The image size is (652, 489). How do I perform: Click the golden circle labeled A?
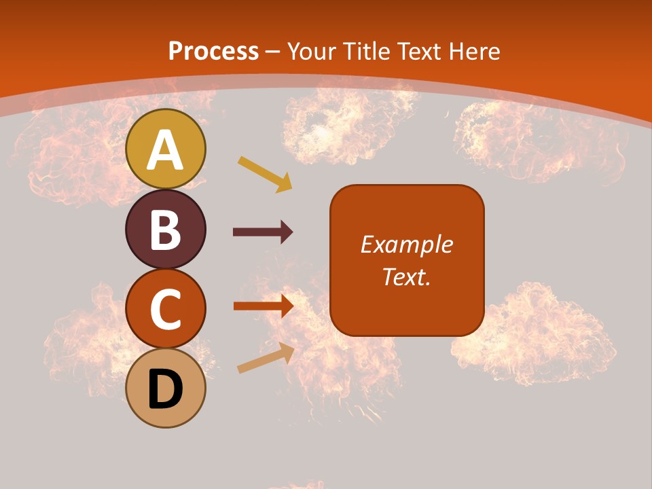pyautogui.click(x=166, y=149)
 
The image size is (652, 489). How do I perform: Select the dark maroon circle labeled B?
pyautogui.click(x=166, y=229)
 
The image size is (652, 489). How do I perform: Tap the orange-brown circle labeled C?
pyautogui.click(x=166, y=308)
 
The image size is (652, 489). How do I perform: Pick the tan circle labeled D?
pyautogui.click(x=166, y=388)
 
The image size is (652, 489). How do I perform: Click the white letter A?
pyautogui.click(x=166, y=149)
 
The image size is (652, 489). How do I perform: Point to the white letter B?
pyautogui.click(x=166, y=230)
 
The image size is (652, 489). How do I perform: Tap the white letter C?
pyautogui.click(x=166, y=309)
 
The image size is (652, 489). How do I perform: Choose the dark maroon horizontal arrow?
pyautogui.click(x=263, y=232)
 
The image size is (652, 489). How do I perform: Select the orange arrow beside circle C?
pyautogui.click(x=264, y=306)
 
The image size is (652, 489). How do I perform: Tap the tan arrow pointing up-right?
pyautogui.click(x=266, y=358)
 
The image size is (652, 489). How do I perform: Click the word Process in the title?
pyautogui.click(x=213, y=51)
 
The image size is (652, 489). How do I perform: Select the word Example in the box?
pyautogui.click(x=407, y=244)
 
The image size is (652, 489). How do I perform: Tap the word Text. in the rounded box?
pyautogui.click(x=406, y=276)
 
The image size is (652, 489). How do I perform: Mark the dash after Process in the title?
pyautogui.click(x=273, y=52)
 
